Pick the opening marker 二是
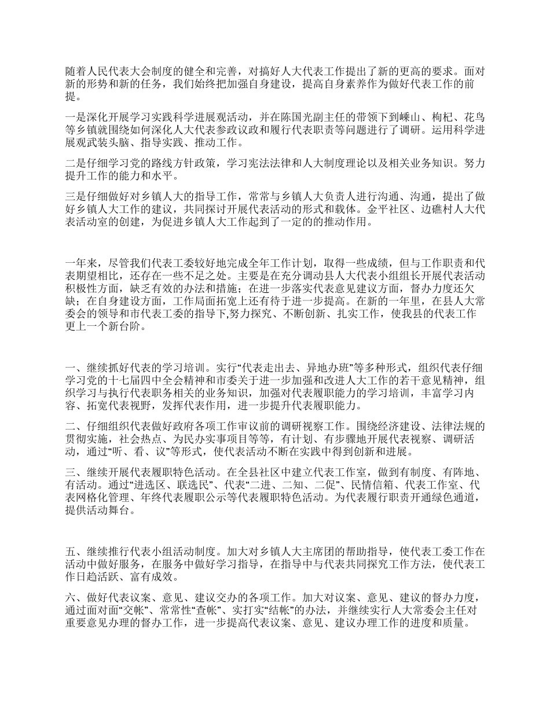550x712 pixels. point(75,164)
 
